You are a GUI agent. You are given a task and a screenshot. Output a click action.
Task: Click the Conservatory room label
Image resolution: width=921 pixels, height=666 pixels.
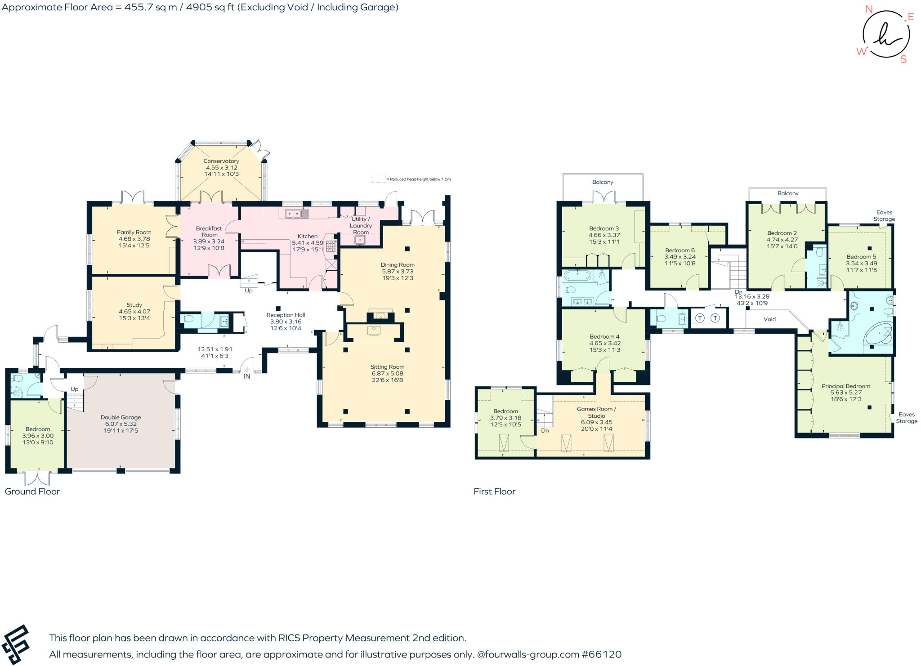221,161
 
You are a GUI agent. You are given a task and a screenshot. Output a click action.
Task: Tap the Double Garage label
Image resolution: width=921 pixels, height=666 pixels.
121,417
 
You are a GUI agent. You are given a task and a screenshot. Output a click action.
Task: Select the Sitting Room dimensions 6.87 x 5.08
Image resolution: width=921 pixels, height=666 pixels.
387,373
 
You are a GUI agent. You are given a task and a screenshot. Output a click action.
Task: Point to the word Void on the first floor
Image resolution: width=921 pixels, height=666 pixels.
769,319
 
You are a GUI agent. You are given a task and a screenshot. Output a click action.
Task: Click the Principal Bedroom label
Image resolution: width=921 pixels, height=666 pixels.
845,386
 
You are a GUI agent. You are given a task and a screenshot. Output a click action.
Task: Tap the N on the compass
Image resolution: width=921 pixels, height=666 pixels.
869,9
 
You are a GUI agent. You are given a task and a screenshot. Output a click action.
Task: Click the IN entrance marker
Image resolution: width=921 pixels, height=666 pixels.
247,376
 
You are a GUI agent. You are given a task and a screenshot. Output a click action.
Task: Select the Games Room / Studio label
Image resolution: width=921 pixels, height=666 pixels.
596,412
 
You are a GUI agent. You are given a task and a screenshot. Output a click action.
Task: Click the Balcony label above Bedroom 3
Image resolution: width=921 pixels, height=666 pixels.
603,182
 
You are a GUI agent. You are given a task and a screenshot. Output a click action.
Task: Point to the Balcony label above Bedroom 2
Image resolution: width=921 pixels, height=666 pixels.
788,193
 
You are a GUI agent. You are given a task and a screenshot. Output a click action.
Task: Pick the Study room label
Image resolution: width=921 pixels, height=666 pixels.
134,305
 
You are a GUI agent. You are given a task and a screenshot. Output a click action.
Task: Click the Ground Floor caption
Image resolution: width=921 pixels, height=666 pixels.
32,492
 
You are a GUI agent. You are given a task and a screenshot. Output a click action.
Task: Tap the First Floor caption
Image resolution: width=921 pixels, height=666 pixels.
494,492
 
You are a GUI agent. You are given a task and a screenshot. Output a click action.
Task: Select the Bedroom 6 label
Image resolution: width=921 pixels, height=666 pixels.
680,250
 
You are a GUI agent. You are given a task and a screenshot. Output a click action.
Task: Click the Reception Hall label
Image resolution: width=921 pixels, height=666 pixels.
286,315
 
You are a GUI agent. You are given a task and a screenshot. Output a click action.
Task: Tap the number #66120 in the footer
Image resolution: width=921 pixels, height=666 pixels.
602,654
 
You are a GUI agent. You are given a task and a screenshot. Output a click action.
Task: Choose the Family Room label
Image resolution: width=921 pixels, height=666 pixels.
134,232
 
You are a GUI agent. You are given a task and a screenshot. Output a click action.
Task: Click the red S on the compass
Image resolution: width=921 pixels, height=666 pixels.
903,59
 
